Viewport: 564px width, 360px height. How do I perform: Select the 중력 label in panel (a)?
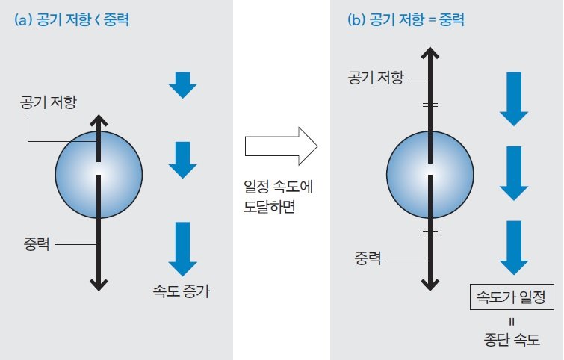pos(37,244)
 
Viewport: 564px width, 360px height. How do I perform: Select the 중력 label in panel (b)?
pos(368,258)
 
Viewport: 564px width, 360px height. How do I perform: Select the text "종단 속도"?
pos(512,338)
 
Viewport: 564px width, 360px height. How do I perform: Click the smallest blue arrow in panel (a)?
pos(182,84)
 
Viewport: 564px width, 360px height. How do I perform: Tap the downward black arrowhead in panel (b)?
pos(429,285)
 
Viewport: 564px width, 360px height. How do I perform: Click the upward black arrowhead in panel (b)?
pos(429,52)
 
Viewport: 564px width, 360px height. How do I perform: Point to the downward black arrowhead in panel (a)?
pos(98,284)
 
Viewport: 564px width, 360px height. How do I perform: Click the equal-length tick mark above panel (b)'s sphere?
pos(429,105)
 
